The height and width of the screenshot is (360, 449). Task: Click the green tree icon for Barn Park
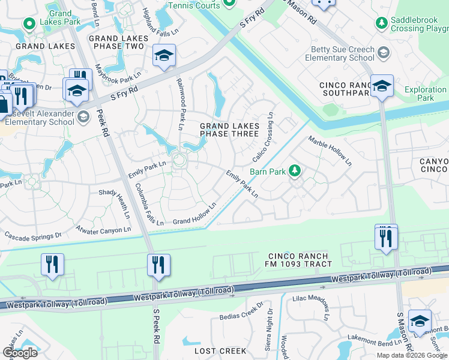tap(294, 171)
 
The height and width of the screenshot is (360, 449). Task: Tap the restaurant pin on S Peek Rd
tap(158, 265)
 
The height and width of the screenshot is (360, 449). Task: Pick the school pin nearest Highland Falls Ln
tap(164, 55)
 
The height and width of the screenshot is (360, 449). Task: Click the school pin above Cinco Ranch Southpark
tap(381, 86)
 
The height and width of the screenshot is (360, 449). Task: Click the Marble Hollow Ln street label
tap(330, 151)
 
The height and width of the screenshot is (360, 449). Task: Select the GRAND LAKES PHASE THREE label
tap(229, 130)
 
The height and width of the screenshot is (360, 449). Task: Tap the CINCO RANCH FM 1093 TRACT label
tap(306, 259)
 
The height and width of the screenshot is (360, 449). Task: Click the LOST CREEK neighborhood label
tap(220, 350)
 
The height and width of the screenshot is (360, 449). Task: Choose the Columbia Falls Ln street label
tap(149, 204)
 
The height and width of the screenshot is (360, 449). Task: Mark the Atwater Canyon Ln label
tap(103, 229)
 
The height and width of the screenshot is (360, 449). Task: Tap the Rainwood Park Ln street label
tap(179, 106)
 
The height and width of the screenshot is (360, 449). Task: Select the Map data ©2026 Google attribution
tap(412, 355)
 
